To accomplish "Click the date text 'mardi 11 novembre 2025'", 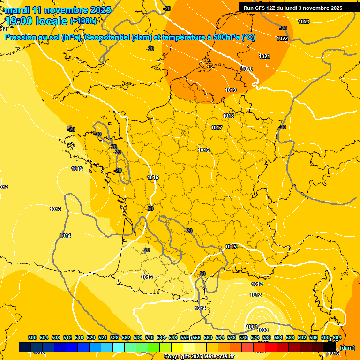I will click(58, 10).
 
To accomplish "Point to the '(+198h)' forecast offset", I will click(83, 21).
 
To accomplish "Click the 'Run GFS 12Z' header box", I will click(292, 8).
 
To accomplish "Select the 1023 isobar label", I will click(304, 22).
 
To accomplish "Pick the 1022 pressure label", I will click(282, 38).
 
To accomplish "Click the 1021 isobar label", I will click(264, 56).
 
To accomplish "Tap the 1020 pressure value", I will click(247, 69).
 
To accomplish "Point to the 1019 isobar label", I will click(231, 90).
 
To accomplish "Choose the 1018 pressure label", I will click(228, 116).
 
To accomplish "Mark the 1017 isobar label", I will click(217, 127).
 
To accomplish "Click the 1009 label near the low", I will click(252, 327).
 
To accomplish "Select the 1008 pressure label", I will click(263, 330).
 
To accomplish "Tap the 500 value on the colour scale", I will click(32, 337).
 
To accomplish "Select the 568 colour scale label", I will click(232, 337).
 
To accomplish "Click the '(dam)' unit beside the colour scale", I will click(347, 348).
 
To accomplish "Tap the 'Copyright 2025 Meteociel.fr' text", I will click(199, 357).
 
